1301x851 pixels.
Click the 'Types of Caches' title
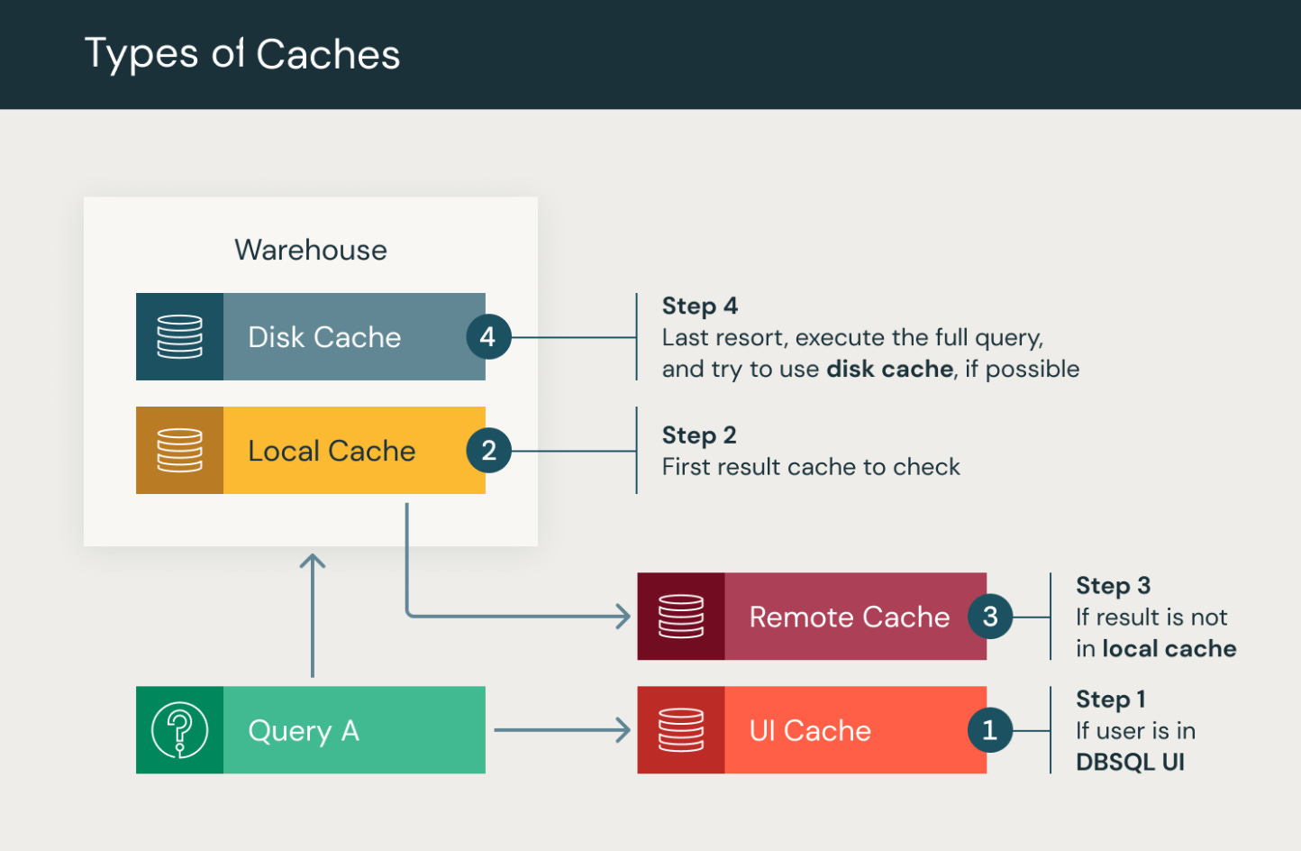click(241, 54)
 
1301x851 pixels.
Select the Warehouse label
click(311, 250)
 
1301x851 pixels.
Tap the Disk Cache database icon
click(180, 336)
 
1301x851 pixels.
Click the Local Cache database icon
click(180, 450)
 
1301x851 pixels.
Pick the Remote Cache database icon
click(681, 617)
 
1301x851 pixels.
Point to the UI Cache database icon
click(681, 730)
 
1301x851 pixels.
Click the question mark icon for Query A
click(180, 730)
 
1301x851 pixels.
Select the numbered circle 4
click(488, 337)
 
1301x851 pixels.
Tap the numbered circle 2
click(488, 451)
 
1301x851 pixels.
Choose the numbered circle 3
click(990, 617)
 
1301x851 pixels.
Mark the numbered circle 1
click(990, 730)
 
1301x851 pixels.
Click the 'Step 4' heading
click(700, 306)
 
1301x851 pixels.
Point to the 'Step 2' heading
click(699, 435)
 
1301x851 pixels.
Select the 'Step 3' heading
click(1113, 586)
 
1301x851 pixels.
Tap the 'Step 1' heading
click(1110, 700)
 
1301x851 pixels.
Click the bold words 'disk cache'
click(889, 369)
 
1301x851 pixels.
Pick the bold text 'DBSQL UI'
click(1130, 762)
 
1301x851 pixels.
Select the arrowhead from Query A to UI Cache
click(623, 730)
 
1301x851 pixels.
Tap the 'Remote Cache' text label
click(849, 617)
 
